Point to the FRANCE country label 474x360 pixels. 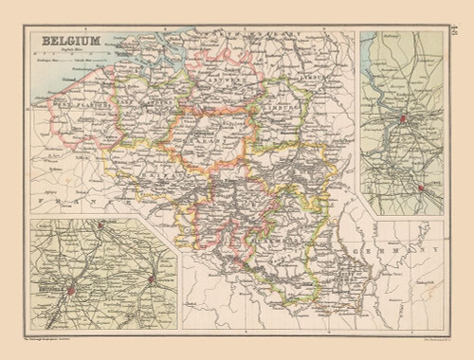point(85,204)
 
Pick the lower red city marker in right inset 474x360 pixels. point(419,189)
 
